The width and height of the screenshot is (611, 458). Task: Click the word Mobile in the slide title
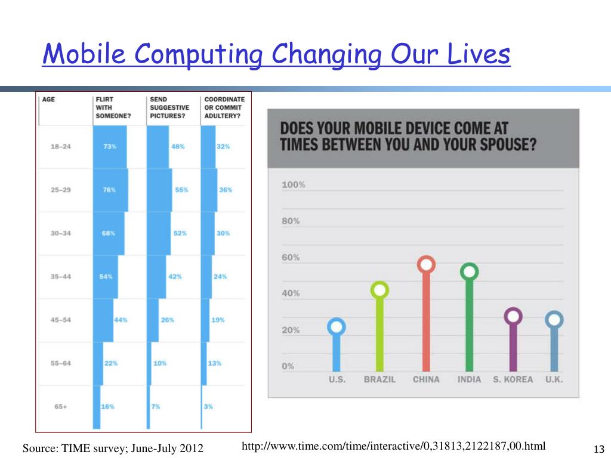point(83,55)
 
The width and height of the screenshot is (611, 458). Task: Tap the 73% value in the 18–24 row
point(110,146)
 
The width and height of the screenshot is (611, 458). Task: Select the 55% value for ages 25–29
point(181,190)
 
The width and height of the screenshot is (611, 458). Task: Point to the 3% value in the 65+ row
point(208,406)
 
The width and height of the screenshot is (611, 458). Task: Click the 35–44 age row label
point(60,276)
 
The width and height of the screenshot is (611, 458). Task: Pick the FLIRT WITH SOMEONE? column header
point(113,107)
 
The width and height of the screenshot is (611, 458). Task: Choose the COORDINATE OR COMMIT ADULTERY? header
point(224,107)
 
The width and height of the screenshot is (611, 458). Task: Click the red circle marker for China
point(426,264)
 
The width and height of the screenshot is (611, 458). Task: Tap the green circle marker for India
point(470,272)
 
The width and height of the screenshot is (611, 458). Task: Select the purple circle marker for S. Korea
point(513,316)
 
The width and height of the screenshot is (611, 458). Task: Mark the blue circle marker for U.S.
point(337,327)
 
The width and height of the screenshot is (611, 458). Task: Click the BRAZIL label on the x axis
point(379,379)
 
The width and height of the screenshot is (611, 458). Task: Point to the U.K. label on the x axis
point(554,379)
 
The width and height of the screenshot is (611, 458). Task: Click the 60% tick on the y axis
point(291,258)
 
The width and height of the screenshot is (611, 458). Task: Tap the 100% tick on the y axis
point(294,185)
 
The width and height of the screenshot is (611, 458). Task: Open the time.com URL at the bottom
point(394,445)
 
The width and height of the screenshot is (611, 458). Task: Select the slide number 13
point(599,449)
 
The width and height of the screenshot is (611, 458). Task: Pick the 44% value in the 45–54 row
point(121,320)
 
